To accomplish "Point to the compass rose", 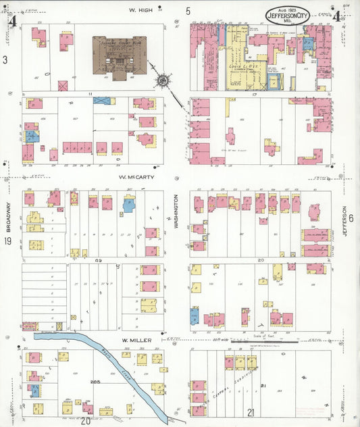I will (x=163, y=82).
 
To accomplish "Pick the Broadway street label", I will (x=9, y=217).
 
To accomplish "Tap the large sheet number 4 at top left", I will (x=11, y=19).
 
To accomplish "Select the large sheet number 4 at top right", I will (x=336, y=16).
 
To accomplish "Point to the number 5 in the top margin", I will (x=188, y=11).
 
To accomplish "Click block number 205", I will (x=95, y=382).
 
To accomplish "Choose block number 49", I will (x=98, y=260).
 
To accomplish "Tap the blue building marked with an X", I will (x=102, y=101).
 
